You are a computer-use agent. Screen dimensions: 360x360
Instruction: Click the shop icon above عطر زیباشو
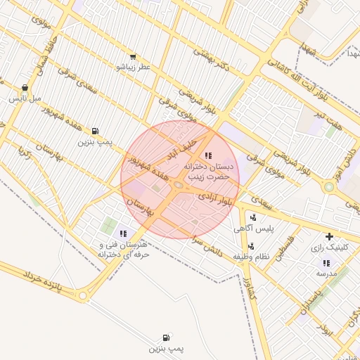(x=133, y=56)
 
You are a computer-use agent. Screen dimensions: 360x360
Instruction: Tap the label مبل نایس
(x=24, y=99)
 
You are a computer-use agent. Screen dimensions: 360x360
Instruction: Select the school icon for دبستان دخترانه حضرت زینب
(x=207, y=155)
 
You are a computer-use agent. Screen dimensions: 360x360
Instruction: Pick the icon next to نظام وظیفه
(x=251, y=246)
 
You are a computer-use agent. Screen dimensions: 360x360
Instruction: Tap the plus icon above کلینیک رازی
(x=328, y=236)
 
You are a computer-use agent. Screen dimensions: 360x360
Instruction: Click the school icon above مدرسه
(x=325, y=262)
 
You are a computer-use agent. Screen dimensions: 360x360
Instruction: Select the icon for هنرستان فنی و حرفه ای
(x=124, y=233)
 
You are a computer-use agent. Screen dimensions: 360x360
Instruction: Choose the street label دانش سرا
(x=209, y=247)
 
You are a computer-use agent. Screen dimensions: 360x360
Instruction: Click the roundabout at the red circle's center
(x=179, y=185)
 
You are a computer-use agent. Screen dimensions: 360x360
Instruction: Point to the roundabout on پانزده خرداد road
(x=83, y=296)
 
